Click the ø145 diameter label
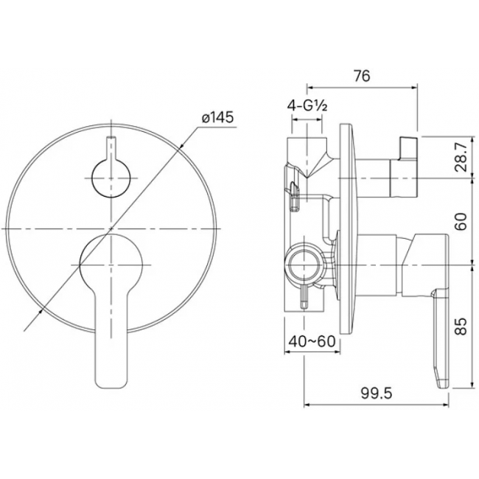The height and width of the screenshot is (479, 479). pos(217,117)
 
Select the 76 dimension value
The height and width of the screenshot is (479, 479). pos(362,76)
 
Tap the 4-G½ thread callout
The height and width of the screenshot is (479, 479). pos(307,106)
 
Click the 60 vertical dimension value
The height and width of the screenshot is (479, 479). pos(461,222)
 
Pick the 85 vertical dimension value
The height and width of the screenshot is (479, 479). pos(461,326)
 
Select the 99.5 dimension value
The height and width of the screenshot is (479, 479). pos(376,394)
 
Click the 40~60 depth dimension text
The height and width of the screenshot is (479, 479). pos(312,341)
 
